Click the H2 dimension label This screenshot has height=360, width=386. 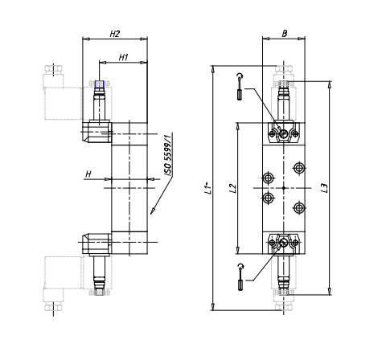[x=115, y=34]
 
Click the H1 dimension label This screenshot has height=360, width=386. [x=124, y=57]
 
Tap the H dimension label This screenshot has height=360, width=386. [x=88, y=174]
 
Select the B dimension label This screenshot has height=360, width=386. [x=285, y=34]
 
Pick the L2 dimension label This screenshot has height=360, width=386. [x=234, y=188]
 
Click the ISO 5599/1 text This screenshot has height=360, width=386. [x=168, y=156]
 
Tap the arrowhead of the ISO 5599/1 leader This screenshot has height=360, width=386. [x=152, y=211]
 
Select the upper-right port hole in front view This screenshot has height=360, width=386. [x=299, y=168]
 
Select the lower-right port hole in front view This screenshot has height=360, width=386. [x=299, y=207]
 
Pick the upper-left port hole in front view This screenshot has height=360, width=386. [x=268, y=178]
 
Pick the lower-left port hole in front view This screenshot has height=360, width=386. [x=268, y=198]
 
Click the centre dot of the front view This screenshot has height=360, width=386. [x=284, y=188]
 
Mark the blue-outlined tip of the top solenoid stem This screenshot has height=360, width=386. [x=100, y=84]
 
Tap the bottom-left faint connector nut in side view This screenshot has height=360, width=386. [x=54, y=306]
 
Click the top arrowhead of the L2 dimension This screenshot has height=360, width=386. [x=237, y=125]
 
